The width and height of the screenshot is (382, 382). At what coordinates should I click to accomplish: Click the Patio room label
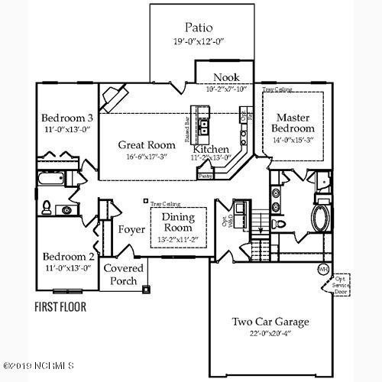198,28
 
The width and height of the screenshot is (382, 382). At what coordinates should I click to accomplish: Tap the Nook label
226,77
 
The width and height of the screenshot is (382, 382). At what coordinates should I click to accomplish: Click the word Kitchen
211,148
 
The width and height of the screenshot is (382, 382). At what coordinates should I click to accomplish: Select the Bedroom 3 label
68,118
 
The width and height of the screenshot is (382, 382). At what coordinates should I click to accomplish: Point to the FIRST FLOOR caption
60,307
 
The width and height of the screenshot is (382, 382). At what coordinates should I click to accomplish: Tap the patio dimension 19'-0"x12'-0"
198,43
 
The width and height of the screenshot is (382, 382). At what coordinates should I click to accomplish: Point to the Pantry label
205,175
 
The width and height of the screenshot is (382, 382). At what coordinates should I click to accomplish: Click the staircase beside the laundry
259,224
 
